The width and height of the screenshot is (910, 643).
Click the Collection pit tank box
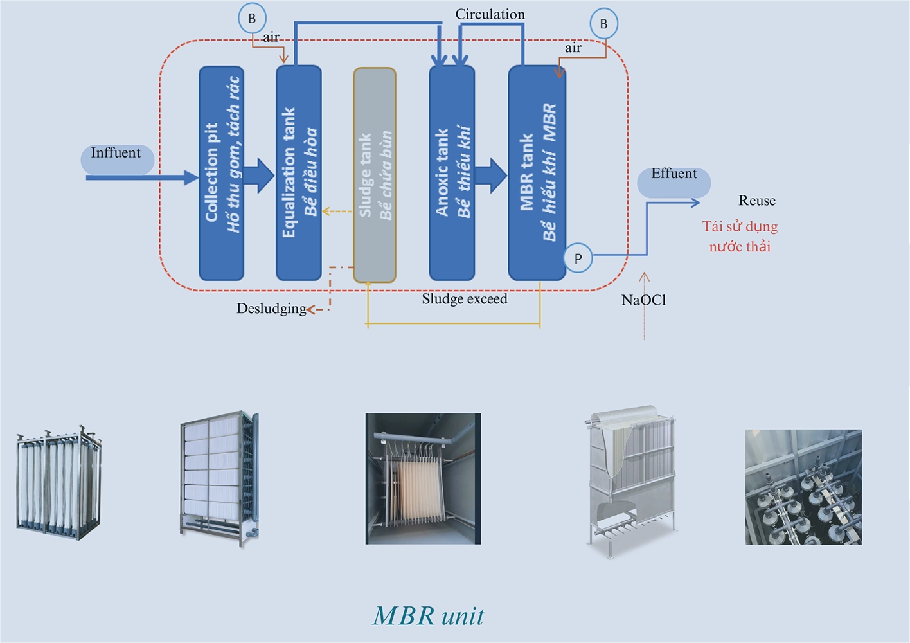coord(221,173)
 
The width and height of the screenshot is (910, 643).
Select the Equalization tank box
coord(298,173)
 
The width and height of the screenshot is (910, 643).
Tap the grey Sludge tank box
coord(375,175)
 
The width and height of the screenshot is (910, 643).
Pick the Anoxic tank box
coord(452,173)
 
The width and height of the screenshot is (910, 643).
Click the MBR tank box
coord(537,173)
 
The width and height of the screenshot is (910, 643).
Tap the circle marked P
coord(578,258)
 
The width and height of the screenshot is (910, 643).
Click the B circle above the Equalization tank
coord(252,19)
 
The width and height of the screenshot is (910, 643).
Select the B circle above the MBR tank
coord(603,24)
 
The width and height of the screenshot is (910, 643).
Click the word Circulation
coord(490,14)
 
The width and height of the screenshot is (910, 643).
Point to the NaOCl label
coord(643,300)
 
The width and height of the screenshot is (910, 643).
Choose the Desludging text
coord(271,309)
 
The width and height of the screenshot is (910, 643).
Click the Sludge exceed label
coord(465,299)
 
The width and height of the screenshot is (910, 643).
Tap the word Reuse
coord(756,201)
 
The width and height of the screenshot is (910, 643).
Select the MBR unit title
coord(429,615)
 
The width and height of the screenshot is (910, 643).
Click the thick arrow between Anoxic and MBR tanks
coord(492,175)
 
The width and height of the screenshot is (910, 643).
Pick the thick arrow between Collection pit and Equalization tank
coord(260,175)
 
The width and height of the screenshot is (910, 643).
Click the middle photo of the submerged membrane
coord(423,478)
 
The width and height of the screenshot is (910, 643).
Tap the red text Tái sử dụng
coord(740,226)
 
